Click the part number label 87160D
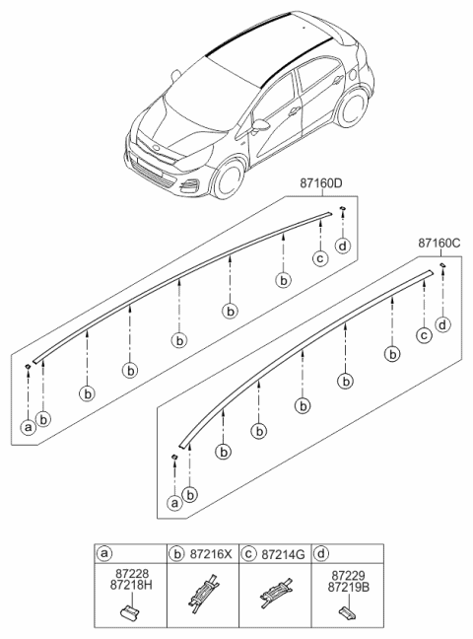321,183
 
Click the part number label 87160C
439,244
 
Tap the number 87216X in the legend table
211,554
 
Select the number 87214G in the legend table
283,554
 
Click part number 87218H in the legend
131,585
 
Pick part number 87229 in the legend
348,576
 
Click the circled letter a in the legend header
103,553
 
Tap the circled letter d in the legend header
321,553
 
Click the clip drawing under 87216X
202,593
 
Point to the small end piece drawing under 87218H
128,610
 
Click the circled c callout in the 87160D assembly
320,258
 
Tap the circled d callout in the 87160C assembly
442,324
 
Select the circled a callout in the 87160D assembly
29,427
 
